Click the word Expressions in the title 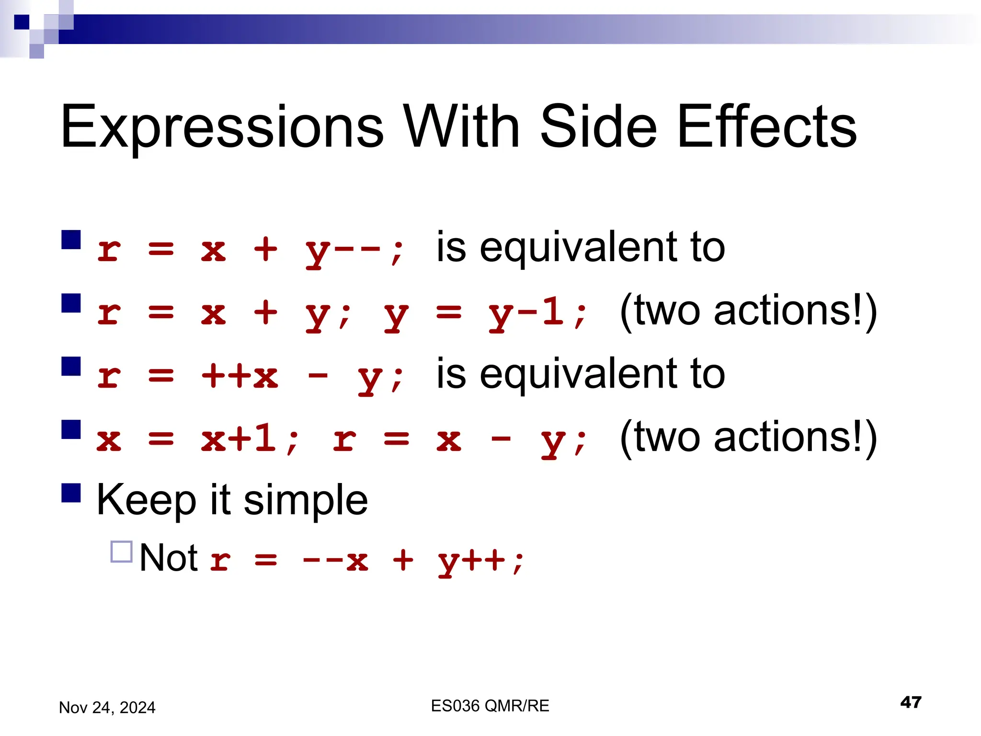222,127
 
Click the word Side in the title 599,127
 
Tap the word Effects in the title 767,127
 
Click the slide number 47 911,702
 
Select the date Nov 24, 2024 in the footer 107,708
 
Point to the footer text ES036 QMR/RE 490,706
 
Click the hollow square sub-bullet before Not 121,552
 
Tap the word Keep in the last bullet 146,500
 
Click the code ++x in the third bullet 240,376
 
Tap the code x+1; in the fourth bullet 250,439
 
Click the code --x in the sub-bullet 335,560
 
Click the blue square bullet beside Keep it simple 71,493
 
